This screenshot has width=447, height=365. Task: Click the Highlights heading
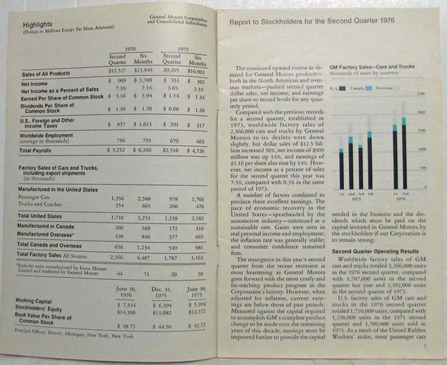tap(38, 24)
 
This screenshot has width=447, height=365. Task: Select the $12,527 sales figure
tap(118, 70)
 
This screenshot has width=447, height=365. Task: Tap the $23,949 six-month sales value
tap(143, 70)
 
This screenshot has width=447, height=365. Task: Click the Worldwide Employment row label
tap(46, 135)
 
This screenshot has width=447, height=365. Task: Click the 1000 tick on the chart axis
tap(420, 149)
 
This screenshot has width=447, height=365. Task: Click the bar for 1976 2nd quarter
tap(404, 153)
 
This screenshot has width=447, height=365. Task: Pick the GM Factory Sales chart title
tap(372, 67)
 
